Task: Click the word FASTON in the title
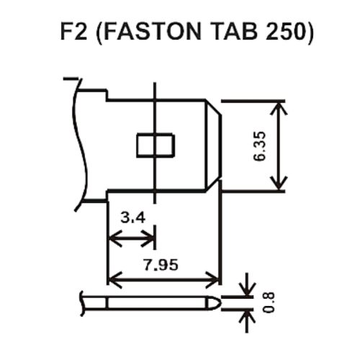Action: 153,31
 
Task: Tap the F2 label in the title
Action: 73,31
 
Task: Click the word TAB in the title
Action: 233,31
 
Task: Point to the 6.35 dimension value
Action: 260,146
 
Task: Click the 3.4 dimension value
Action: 132,218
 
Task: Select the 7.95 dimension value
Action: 161,265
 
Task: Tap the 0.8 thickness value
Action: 269,302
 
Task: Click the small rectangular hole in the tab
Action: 156,145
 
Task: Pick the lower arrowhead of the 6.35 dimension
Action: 279,184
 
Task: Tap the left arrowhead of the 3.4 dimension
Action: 115,238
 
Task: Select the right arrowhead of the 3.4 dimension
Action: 148,238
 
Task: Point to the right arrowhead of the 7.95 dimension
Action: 212,280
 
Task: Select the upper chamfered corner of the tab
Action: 213,107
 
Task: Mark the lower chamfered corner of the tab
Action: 213,185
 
